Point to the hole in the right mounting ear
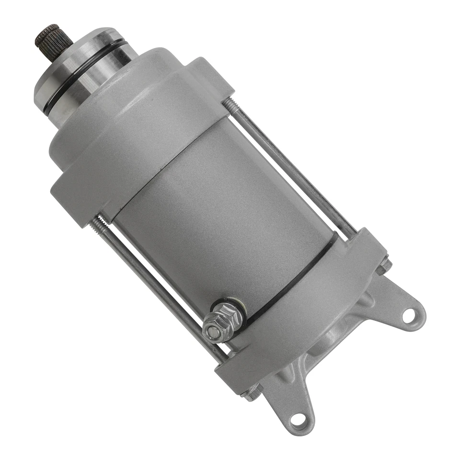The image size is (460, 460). click(408, 315)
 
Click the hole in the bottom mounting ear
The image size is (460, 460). click(297, 419)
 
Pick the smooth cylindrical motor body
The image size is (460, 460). click(220, 206)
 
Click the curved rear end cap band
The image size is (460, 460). click(307, 307)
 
